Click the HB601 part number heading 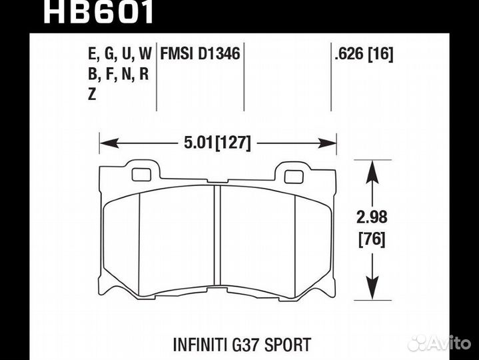(99, 12)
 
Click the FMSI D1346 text (201, 53)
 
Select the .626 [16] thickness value (364, 53)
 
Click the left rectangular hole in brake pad (142, 175)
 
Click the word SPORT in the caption (288, 345)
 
